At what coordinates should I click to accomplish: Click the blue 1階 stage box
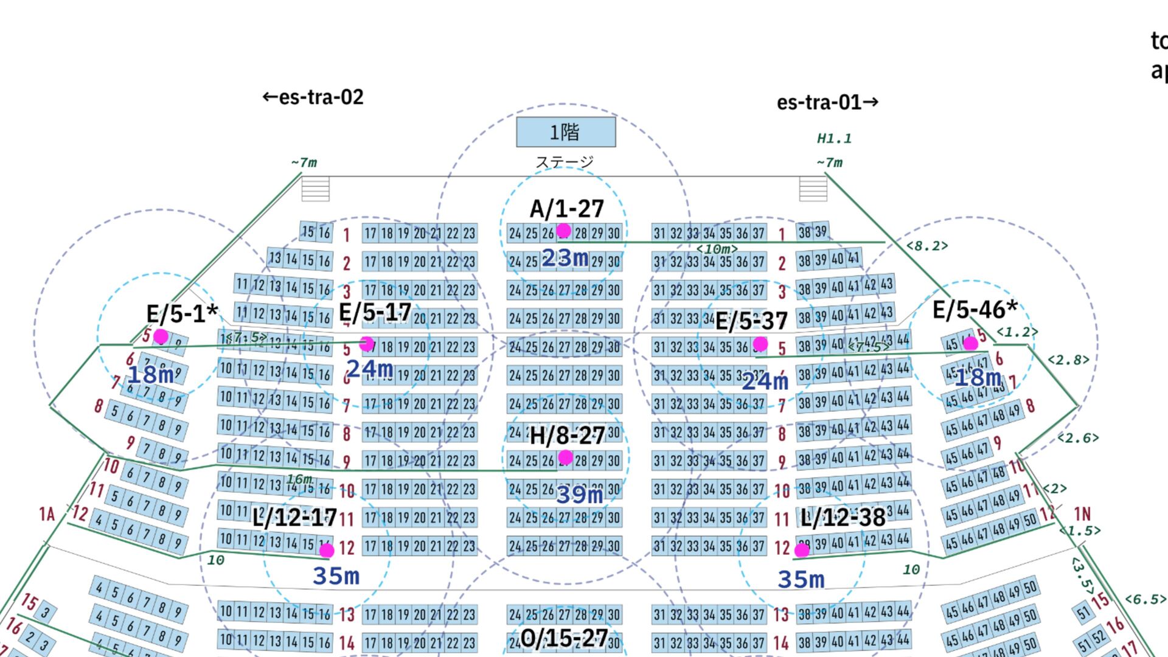pyautogui.click(x=566, y=132)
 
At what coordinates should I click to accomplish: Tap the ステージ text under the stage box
pyautogui.click(x=564, y=162)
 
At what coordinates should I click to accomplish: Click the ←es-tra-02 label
pyautogui.click(x=313, y=97)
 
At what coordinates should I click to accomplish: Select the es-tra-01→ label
pyautogui.click(x=827, y=102)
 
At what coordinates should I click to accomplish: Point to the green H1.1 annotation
pyautogui.click(x=834, y=139)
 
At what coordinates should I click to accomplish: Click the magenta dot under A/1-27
pyautogui.click(x=564, y=231)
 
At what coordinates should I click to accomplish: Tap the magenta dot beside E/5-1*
pyautogui.click(x=161, y=336)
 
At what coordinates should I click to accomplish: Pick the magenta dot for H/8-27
pyautogui.click(x=566, y=457)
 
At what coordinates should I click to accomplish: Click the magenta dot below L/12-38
pyautogui.click(x=802, y=550)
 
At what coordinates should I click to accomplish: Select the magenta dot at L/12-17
pyautogui.click(x=327, y=551)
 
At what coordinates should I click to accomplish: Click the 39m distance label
pyautogui.click(x=579, y=495)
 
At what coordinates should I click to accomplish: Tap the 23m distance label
pyautogui.click(x=565, y=259)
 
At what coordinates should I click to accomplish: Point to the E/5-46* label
pyautogui.click(x=975, y=310)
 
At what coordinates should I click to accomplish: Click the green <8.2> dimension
pyautogui.click(x=927, y=246)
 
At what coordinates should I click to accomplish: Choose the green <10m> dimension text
pyautogui.click(x=717, y=249)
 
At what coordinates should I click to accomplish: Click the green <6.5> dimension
pyautogui.click(x=1145, y=600)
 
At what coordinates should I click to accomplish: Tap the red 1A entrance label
pyautogui.click(x=47, y=515)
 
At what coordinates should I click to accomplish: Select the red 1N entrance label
pyautogui.click(x=1082, y=514)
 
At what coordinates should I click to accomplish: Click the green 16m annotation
pyautogui.click(x=299, y=479)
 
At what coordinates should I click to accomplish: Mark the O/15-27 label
pyautogui.click(x=564, y=638)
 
